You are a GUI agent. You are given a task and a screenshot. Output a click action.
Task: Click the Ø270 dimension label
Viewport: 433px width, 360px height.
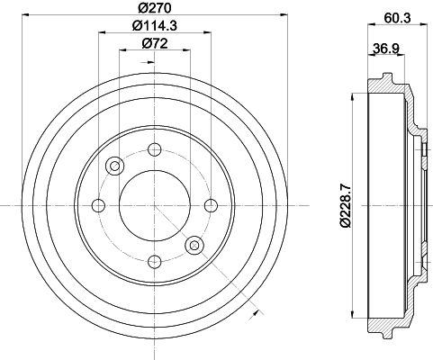tap(155, 8)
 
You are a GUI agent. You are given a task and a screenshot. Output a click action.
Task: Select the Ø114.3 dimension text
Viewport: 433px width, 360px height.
tap(155, 25)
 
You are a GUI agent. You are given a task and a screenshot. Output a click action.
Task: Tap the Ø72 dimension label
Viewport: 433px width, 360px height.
tap(155, 44)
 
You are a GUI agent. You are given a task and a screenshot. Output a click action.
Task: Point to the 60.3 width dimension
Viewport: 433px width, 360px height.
tap(397, 18)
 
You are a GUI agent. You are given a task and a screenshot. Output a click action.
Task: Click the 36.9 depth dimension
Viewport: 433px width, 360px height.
tap(386, 48)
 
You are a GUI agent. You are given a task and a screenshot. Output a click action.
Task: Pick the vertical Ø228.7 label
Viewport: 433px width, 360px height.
tap(345, 205)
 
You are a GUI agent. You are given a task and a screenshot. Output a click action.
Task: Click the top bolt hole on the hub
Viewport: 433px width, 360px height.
tap(155, 149)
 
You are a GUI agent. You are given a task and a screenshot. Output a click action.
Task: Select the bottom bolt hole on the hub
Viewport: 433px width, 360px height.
tap(155, 262)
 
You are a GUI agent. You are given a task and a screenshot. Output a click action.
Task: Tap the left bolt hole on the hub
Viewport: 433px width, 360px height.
tap(98, 205)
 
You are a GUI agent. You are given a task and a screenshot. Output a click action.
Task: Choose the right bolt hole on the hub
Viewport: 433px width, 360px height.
tap(211, 205)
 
